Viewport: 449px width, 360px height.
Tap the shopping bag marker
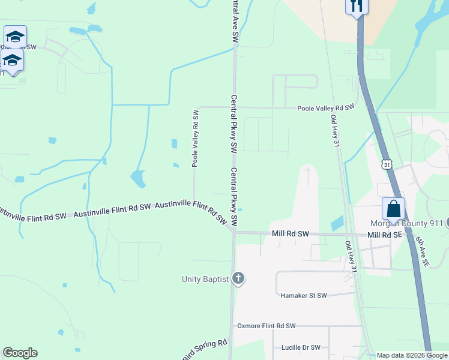coord(393,209)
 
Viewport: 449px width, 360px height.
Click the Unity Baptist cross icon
coord(238,278)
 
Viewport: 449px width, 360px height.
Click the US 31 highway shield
coord(387,163)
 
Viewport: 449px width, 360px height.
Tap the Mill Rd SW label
coord(290,234)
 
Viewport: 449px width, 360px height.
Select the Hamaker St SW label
coord(304,295)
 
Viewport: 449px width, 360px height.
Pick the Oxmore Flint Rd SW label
coord(267,326)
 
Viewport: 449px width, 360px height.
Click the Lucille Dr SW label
coord(301,347)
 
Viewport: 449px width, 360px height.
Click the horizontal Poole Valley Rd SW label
coord(326,107)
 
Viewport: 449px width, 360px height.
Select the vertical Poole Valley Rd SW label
coord(195,138)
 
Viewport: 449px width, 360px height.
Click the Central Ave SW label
coord(235,21)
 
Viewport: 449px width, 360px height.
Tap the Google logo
coord(20,353)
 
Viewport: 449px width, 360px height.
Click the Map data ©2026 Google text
coord(412,355)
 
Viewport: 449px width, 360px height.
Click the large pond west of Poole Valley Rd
coord(137,178)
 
